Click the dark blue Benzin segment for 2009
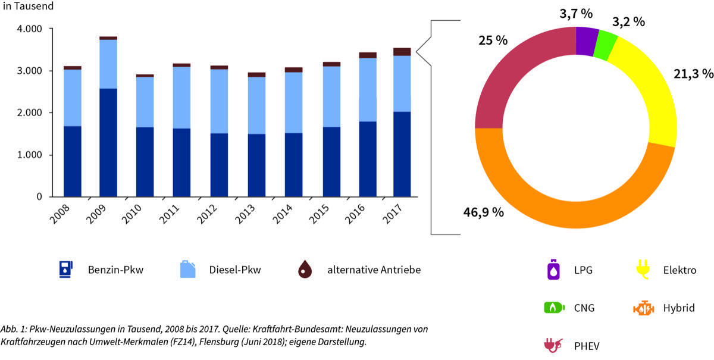tap(108, 143)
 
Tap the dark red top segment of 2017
tap(402, 52)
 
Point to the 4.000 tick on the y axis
tap(29, 29)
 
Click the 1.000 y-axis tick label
tap(29, 155)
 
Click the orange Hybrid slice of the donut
tap(571, 196)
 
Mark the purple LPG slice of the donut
tap(587, 42)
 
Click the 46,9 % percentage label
tap(483, 212)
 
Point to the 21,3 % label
tap(693, 74)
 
